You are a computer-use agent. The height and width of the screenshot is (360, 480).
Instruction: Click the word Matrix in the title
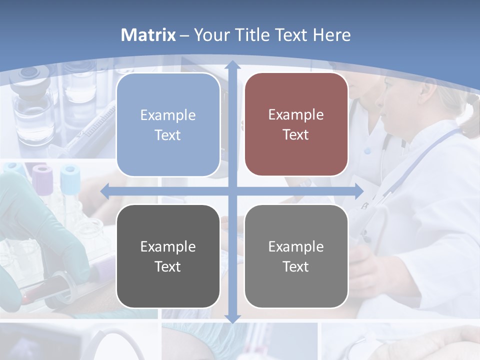[x=148, y=35]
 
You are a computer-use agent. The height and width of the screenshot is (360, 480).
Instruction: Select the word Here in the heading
[x=332, y=35]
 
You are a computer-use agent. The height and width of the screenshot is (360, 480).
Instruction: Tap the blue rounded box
[x=168, y=125]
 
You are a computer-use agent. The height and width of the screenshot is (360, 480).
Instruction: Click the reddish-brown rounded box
[x=296, y=124]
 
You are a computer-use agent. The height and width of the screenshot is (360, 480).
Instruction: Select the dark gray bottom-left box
[x=168, y=256]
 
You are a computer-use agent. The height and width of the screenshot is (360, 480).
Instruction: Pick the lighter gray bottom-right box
[x=296, y=256]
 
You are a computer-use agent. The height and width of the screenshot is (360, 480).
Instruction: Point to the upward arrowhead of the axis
[x=232, y=65]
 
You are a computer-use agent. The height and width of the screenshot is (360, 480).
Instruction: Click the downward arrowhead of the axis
[x=232, y=318]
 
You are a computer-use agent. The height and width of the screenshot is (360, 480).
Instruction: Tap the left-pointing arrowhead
[x=105, y=191]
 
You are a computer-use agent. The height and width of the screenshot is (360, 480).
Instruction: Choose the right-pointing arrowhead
[x=358, y=191]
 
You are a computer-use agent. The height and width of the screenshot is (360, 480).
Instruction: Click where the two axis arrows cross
[x=232, y=191]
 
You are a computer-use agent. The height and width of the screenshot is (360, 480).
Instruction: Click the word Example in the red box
[x=296, y=114]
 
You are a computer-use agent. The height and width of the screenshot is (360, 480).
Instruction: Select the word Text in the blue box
[x=168, y=135]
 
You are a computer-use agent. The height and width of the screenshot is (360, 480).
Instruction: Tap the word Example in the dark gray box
[x=168, y=246]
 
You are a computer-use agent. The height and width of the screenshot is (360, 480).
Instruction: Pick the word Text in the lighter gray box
[x=296, y=266]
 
